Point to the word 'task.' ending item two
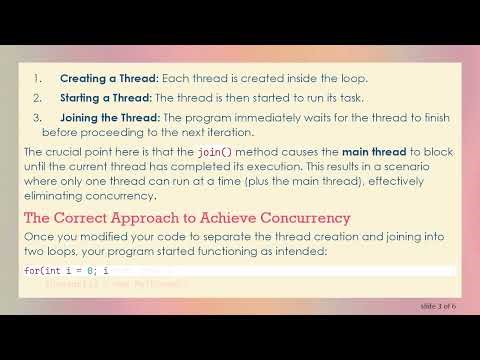[339, 97]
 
